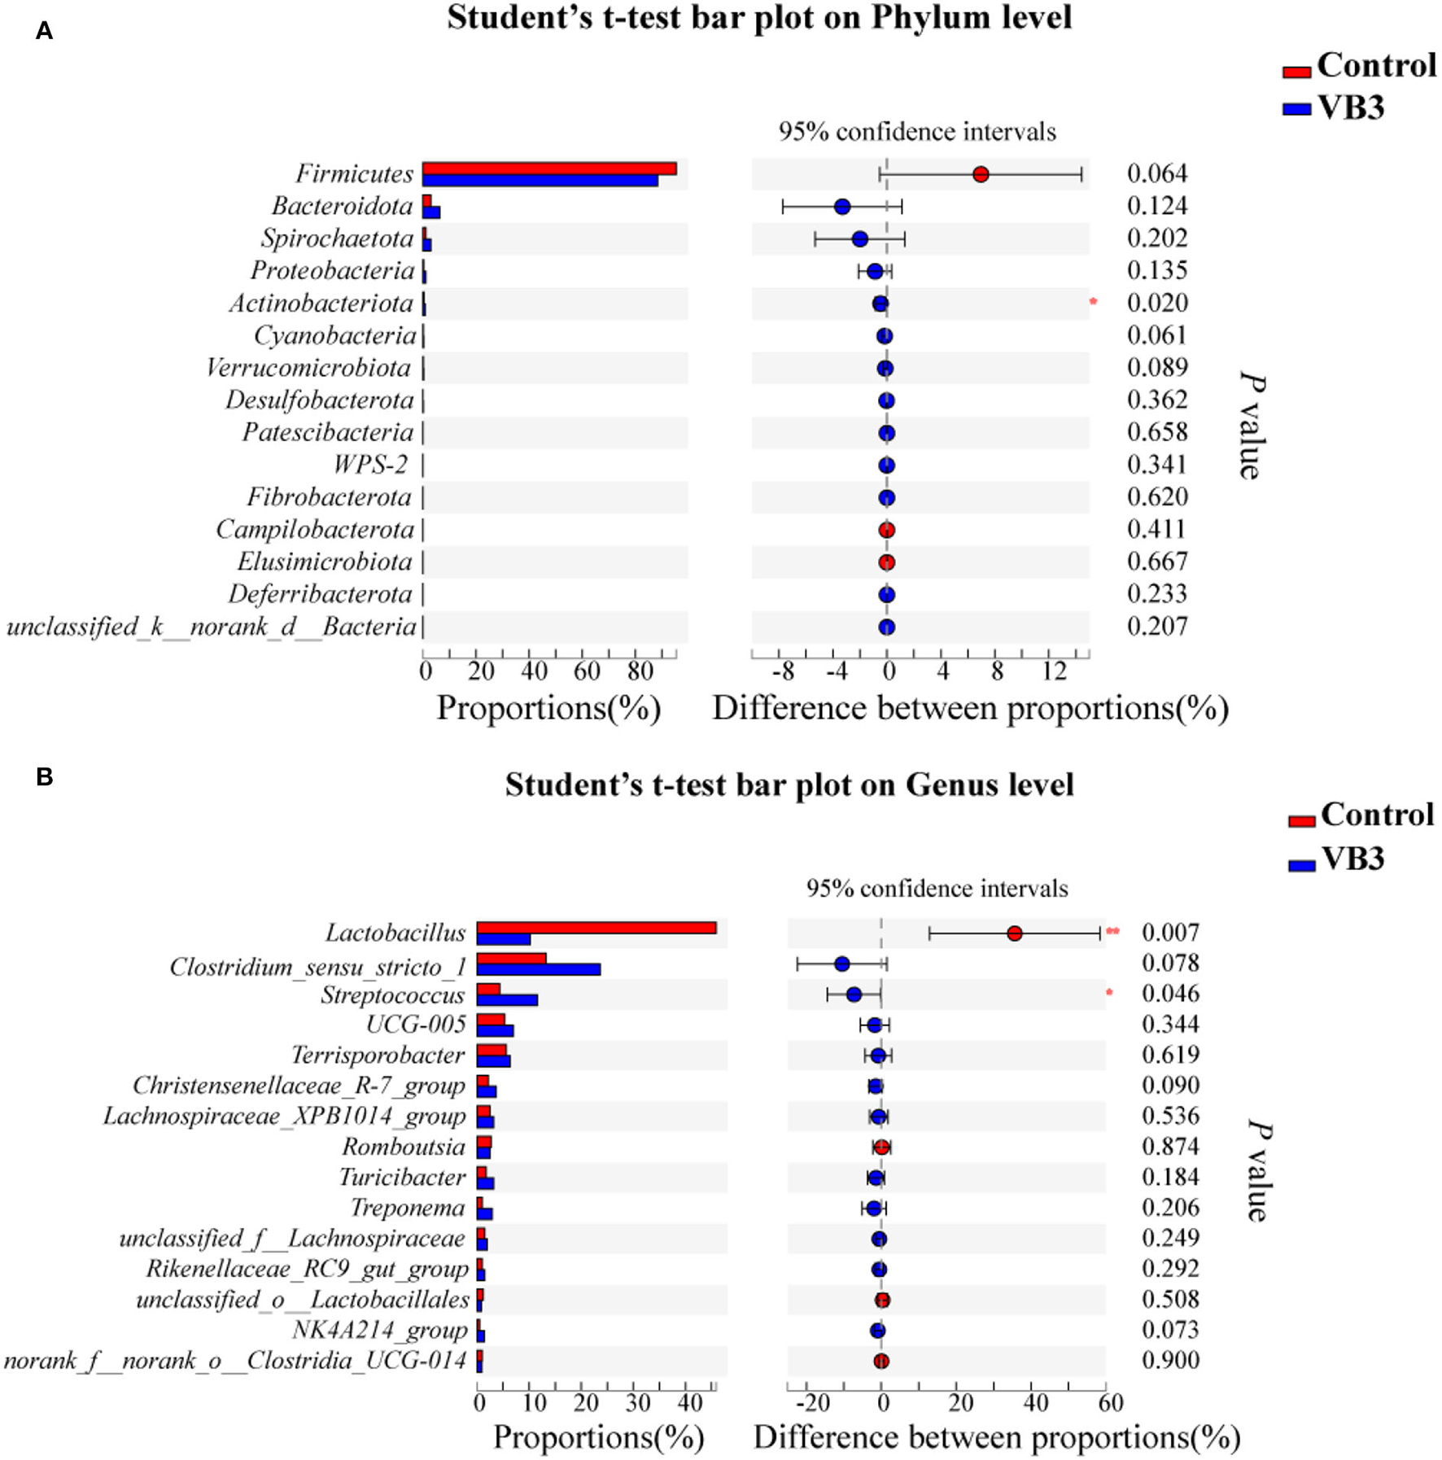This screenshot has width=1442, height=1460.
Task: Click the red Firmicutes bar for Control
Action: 549,168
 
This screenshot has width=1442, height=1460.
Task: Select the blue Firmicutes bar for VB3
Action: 540,181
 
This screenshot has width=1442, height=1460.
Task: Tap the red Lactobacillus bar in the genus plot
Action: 596,928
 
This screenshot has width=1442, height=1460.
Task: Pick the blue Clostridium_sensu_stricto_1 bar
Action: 538,969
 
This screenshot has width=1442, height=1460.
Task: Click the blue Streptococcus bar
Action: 507,999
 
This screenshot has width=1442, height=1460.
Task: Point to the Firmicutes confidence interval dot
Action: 981,174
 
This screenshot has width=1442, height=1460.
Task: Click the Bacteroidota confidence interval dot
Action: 842,207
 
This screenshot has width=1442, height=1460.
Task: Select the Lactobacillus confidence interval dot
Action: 1014,933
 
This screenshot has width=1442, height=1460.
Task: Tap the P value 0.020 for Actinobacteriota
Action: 1156,303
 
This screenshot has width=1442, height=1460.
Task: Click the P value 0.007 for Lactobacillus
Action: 1170,933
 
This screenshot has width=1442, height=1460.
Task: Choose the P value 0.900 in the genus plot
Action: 1170,1360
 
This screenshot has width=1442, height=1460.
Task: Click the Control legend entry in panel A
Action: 1359,66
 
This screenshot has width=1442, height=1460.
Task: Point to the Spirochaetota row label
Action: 337,238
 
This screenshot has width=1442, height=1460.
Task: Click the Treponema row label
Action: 408,1208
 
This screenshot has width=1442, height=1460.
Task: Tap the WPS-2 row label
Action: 370,465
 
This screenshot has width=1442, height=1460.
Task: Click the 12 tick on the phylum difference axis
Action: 1054,671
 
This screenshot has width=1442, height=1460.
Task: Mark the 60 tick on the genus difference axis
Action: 1110,1402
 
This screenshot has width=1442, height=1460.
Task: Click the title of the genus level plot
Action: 789,785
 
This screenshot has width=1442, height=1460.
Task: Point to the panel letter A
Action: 44,31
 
